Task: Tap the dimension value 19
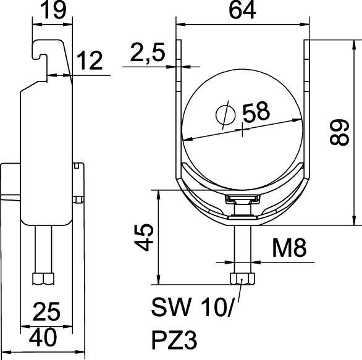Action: coord(51,11)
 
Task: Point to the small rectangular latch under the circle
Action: coord(242,199)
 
